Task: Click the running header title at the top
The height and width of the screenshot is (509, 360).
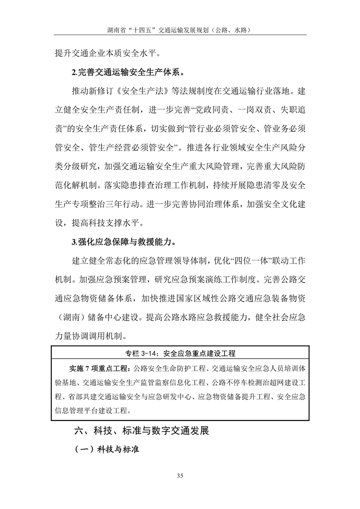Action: [x=180, y=30]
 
